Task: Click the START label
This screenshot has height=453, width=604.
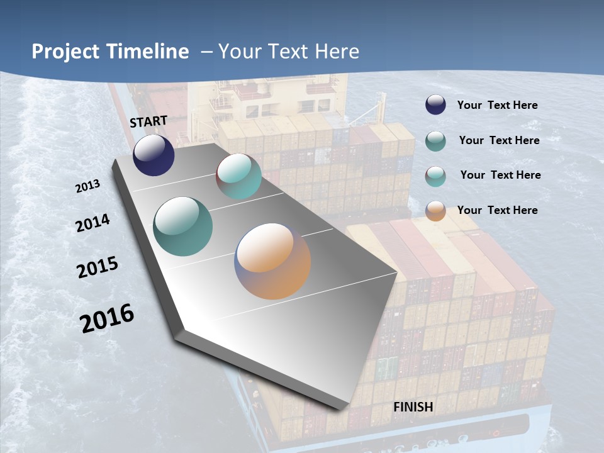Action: click(148, 121)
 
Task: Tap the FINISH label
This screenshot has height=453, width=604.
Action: click(413, 407)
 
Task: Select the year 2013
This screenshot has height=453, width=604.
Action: click(88, 186)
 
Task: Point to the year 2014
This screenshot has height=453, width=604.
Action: click(93, 223)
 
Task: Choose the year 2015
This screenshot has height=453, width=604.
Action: click(98, 267)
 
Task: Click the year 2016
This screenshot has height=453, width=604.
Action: click(107, 318)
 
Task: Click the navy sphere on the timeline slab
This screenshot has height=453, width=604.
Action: click(154, 155)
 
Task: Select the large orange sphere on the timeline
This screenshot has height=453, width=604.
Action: click(272, 260)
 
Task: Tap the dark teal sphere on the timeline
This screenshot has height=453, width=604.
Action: click(182, 226)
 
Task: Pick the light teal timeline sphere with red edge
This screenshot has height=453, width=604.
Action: click(238, 176)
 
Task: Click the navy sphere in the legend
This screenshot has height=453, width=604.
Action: click(435, 105)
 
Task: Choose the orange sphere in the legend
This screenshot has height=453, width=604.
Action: click(435, 211)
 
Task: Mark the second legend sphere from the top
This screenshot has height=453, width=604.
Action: click(435, 141)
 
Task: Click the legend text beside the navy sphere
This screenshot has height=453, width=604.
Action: click(497, 106)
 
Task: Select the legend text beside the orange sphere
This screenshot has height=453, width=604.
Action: click(497, 210)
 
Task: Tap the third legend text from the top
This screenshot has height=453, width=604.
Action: click(500, 175)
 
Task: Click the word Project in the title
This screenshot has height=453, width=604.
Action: click(65, 52)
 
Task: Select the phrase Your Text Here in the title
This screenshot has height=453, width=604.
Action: click(289, 52)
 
